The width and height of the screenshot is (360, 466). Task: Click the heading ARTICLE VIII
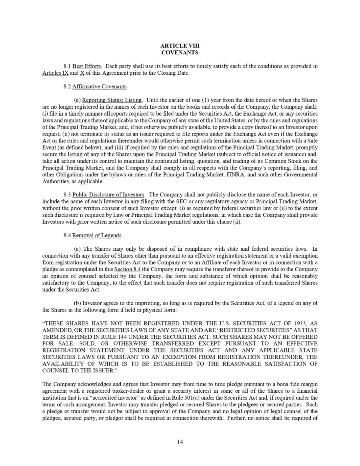180,46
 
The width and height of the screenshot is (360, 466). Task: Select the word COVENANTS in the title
180,52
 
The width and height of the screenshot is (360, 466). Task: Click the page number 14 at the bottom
180,441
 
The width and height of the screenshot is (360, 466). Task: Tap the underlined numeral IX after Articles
62,73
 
